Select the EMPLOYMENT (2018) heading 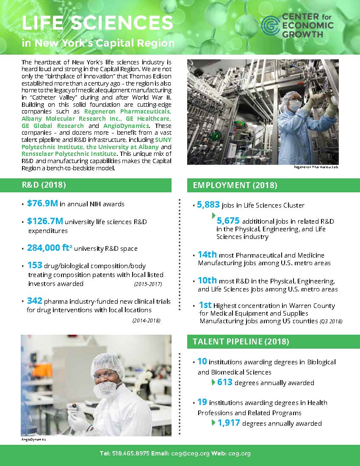[235, 185]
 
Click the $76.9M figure [42, 203]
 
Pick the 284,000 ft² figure [50, 248]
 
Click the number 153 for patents [34, 265]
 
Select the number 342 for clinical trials [34, 301]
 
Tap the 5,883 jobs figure [208, 205]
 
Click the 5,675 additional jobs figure [228, 221]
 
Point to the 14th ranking [207, 255]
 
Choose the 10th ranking [207, 281]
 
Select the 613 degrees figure [225, 382]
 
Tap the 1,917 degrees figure [229, 423]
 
